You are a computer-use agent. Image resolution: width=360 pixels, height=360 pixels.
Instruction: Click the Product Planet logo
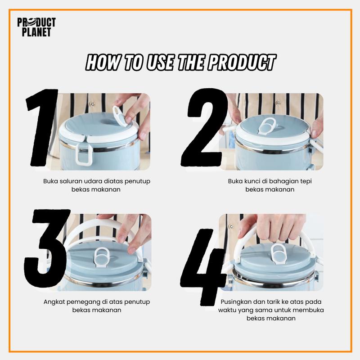[36, 27]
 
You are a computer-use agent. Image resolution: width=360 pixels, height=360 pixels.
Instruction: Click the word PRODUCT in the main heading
[242, 63]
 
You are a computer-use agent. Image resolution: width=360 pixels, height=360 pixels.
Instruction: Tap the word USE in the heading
[160, 63]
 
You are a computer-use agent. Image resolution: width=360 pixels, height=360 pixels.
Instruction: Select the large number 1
[41, 127]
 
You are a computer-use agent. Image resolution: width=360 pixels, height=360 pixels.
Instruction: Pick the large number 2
[203, 127]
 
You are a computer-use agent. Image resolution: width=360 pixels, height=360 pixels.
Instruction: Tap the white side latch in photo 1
[84, 153]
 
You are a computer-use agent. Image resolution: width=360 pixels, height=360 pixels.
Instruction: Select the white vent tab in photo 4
[278, 252]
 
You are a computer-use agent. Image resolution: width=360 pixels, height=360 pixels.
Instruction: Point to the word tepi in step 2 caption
[306, 182]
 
